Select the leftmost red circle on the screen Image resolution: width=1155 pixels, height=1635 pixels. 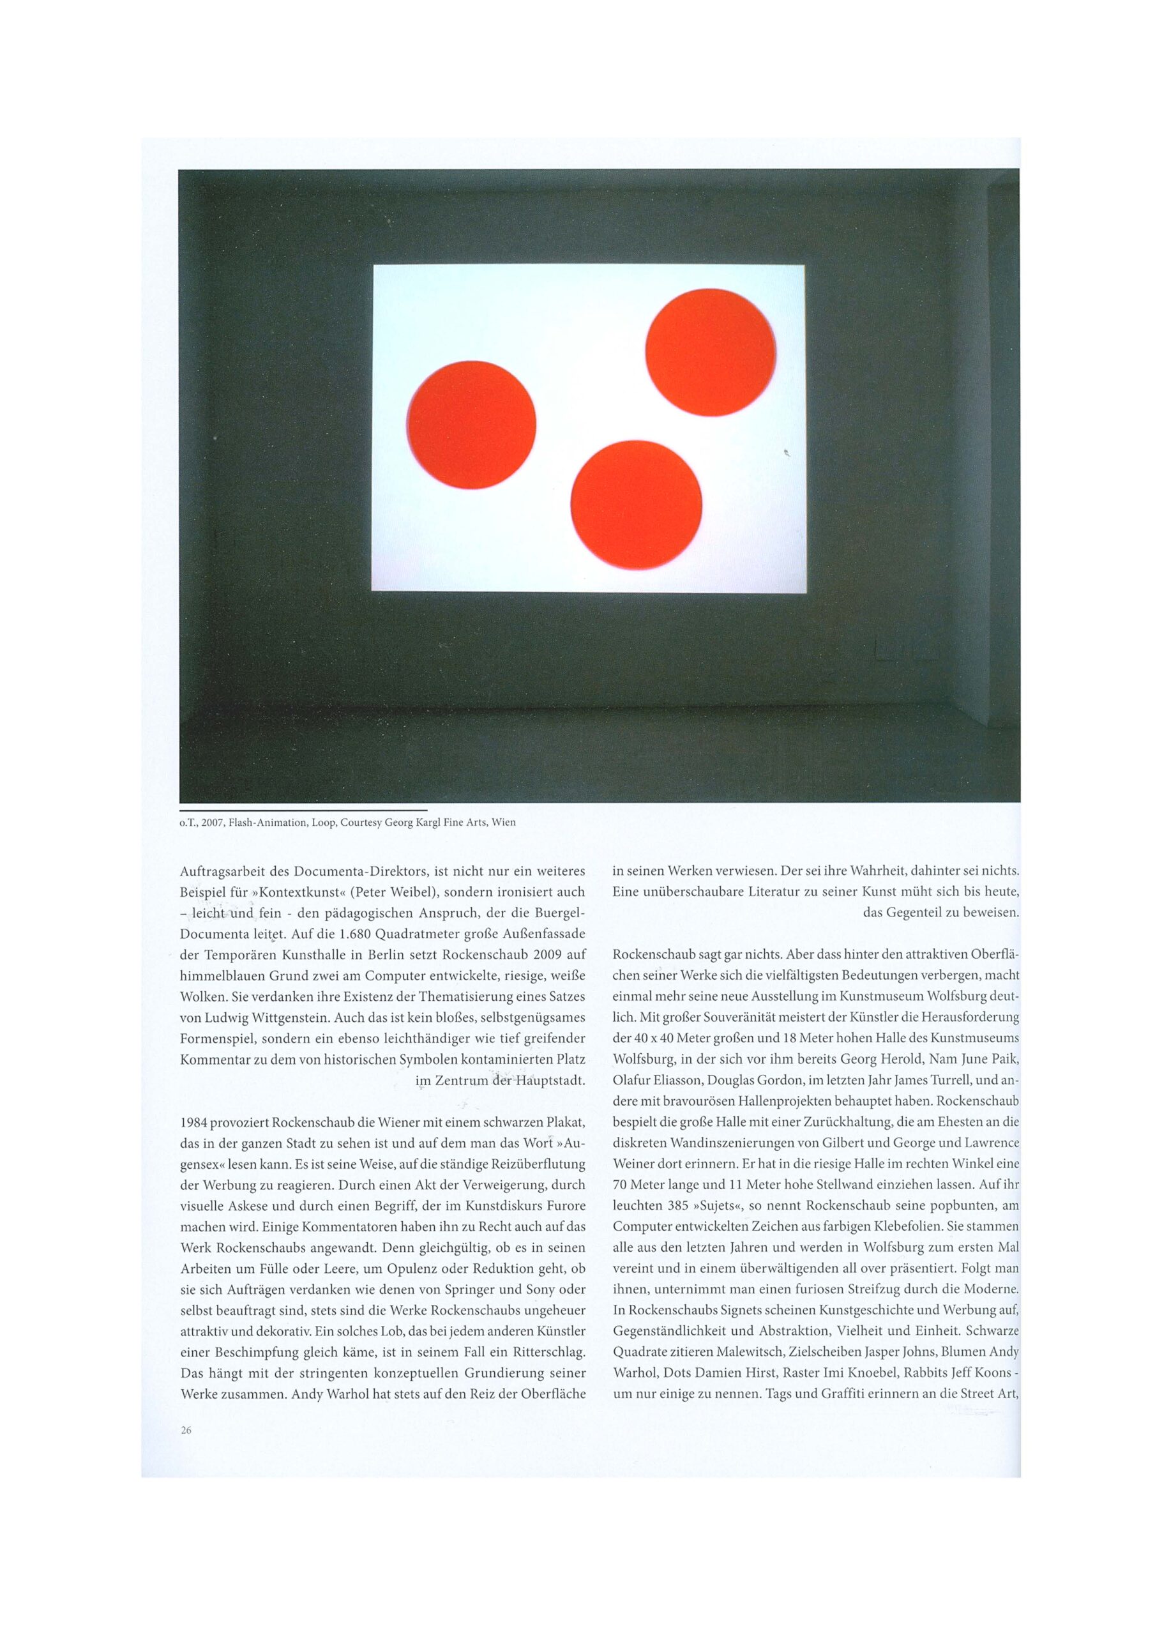click(x=471, y=425)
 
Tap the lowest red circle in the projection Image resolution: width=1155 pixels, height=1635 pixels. click(x=636, y=505)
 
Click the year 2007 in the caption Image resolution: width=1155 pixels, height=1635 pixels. click(x=211, y=822)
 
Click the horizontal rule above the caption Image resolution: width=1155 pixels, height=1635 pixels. click(x=303, y=810)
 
